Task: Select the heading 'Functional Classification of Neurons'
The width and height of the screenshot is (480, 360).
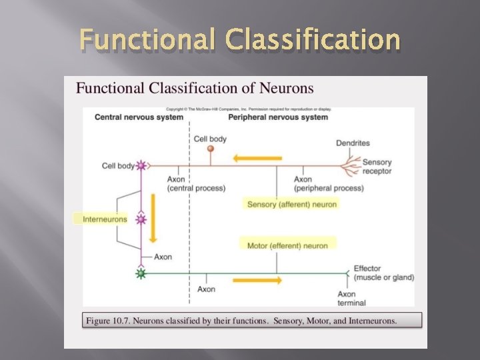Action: click(x=195, y=88)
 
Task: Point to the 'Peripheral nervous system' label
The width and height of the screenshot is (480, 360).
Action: click(x=278, y=117)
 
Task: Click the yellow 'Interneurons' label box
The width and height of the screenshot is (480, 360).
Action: click(x=100, y=219)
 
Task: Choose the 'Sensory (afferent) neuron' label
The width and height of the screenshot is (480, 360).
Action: click(x=292, y=204)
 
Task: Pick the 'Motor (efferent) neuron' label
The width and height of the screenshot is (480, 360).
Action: click(x=288, y=245)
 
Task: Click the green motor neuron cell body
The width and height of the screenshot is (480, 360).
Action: click(x=141, y=273)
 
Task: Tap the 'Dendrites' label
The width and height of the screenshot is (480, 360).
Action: click(x=353, y=143)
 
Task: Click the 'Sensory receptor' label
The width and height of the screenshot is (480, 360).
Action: click(x=377, y=167)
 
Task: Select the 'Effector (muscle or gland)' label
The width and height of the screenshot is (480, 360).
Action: click(x=383, y=273)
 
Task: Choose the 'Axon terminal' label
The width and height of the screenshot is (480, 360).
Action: click(x=351, y=298)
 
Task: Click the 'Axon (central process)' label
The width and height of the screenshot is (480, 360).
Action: click(x=196, y=183)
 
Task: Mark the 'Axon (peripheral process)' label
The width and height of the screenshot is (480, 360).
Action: click(x=329, y=183)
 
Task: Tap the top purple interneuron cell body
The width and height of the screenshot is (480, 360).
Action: click(x=141, y=165)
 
